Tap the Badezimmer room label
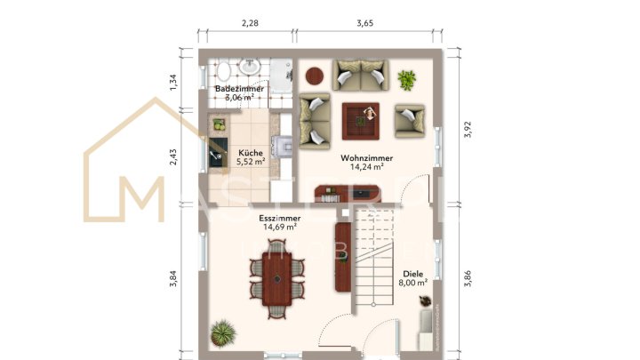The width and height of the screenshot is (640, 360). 239,90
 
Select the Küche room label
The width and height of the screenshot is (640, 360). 250,152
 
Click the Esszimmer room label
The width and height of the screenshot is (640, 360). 279,218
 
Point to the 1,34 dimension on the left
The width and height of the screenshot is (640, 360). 174,83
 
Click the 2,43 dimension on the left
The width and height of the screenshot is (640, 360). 174,156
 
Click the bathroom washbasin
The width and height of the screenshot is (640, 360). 250,67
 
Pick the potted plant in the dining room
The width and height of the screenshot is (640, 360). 221,336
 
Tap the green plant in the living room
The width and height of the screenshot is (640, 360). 407,80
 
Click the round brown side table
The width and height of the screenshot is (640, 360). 316,76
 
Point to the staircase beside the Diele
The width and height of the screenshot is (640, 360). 372,258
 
